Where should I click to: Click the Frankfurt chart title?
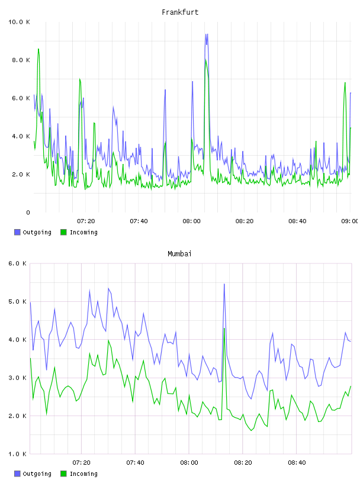(x=180, y=12)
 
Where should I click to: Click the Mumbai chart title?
(x=179, y=253)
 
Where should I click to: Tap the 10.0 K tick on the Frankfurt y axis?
(x=19, y=22)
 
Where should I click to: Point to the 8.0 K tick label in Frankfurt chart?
(x=21, y=60)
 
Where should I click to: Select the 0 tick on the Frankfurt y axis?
(x=28, y=212)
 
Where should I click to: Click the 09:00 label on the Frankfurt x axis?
(x=349, y=221)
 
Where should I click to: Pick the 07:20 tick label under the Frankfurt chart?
(x=86, y=221)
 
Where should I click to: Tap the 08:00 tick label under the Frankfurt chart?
(x=191, y=221)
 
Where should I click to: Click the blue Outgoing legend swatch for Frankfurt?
(x=17, y=232)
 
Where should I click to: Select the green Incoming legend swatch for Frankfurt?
(x=63, y=232)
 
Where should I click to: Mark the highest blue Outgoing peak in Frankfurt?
(x=207, y=34)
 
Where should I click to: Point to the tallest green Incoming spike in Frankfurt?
(x=38, y=49)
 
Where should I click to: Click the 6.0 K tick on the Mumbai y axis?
(x=17, y=263)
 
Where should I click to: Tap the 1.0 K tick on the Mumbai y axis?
(x=17, y=454)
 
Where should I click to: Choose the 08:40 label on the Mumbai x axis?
(x=297, y=463)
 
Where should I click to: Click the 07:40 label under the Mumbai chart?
(x=136, y=463)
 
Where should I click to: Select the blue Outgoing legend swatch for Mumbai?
(x=17, y=474)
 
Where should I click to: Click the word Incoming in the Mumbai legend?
(x=83, y=474)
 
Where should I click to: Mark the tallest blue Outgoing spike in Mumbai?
(x=224, y=284)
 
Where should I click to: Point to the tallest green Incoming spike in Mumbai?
(x=224, y=329)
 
